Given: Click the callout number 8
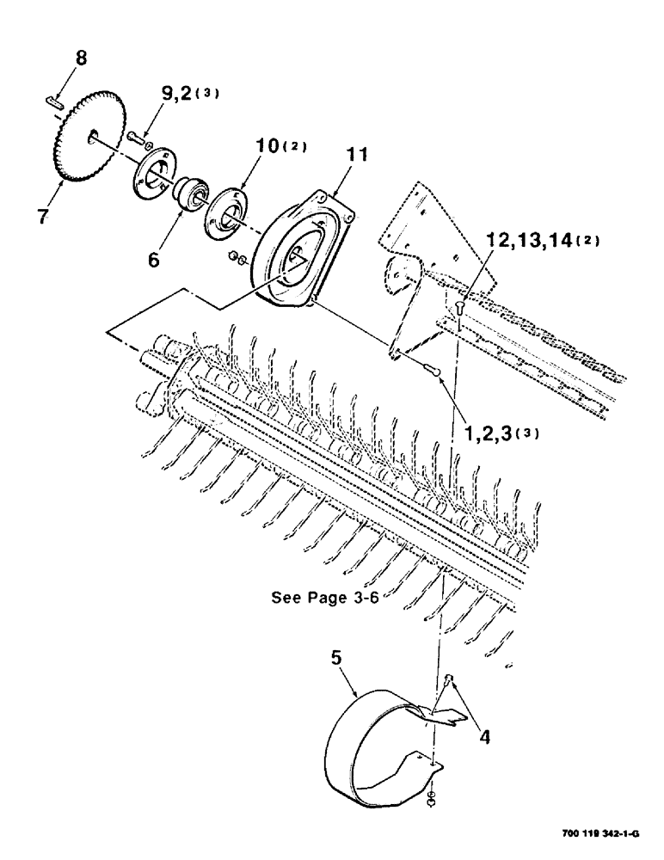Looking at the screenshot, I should pos(82,58).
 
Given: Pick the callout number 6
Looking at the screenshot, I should pos(153,258).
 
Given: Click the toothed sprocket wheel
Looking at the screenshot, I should pos(89,138).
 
